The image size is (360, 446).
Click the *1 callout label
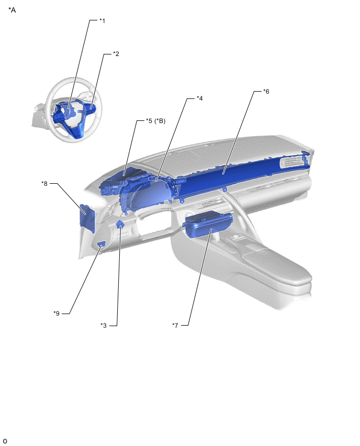pos(102,21)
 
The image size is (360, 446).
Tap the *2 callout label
pos(116,54)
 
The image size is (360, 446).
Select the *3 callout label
pos(104,326)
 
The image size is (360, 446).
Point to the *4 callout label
pos(199,98)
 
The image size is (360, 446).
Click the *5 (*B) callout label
pos(155,121)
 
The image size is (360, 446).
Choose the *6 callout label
pos(266,91)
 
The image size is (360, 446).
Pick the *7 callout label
pos(175,325)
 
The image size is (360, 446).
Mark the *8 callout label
pos(44,183)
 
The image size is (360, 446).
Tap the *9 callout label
pos(57,314)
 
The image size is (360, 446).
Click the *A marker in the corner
pos(12,10)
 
